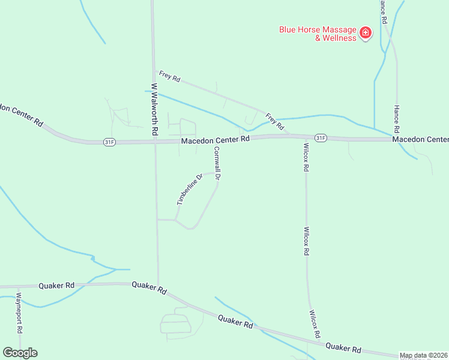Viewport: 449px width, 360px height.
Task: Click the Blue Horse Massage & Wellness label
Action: point(316,33)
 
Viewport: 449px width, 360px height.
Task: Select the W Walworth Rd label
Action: point(154,109)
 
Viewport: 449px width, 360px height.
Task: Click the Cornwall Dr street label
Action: point(217,163)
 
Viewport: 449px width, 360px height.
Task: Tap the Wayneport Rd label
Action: point(19,312)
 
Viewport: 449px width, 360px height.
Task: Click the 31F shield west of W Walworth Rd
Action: point(109,142)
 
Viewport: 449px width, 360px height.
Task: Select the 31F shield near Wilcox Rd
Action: point(321,138)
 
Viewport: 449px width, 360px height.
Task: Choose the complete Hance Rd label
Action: point(396,119)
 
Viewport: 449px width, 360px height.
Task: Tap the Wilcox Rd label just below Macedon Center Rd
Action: point(306,157)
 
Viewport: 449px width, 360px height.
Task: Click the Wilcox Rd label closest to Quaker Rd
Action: point(313,323)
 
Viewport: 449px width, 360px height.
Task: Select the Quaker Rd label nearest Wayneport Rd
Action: point(57,286)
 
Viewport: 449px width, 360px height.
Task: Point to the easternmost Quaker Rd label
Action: point(343,347)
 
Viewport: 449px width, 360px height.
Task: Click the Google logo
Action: point(20,353)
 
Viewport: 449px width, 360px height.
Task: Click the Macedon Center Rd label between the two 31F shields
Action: point(215,140)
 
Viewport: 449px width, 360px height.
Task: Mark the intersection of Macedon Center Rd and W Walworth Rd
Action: point(155,141)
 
